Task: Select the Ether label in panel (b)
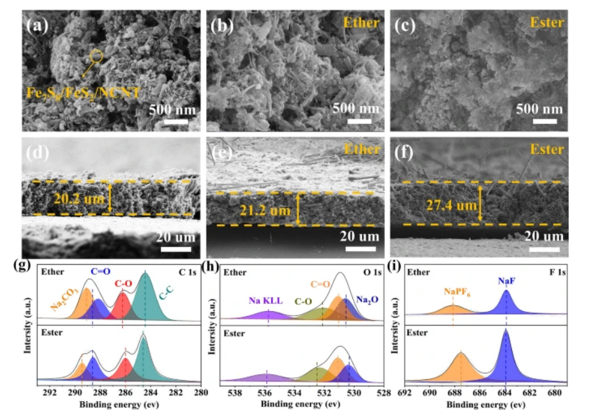[x=361, y=24]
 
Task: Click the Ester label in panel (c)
[x=546, y=24]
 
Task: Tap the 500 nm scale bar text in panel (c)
[x=539, y=108]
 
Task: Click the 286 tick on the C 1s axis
[x=124, y=393]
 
